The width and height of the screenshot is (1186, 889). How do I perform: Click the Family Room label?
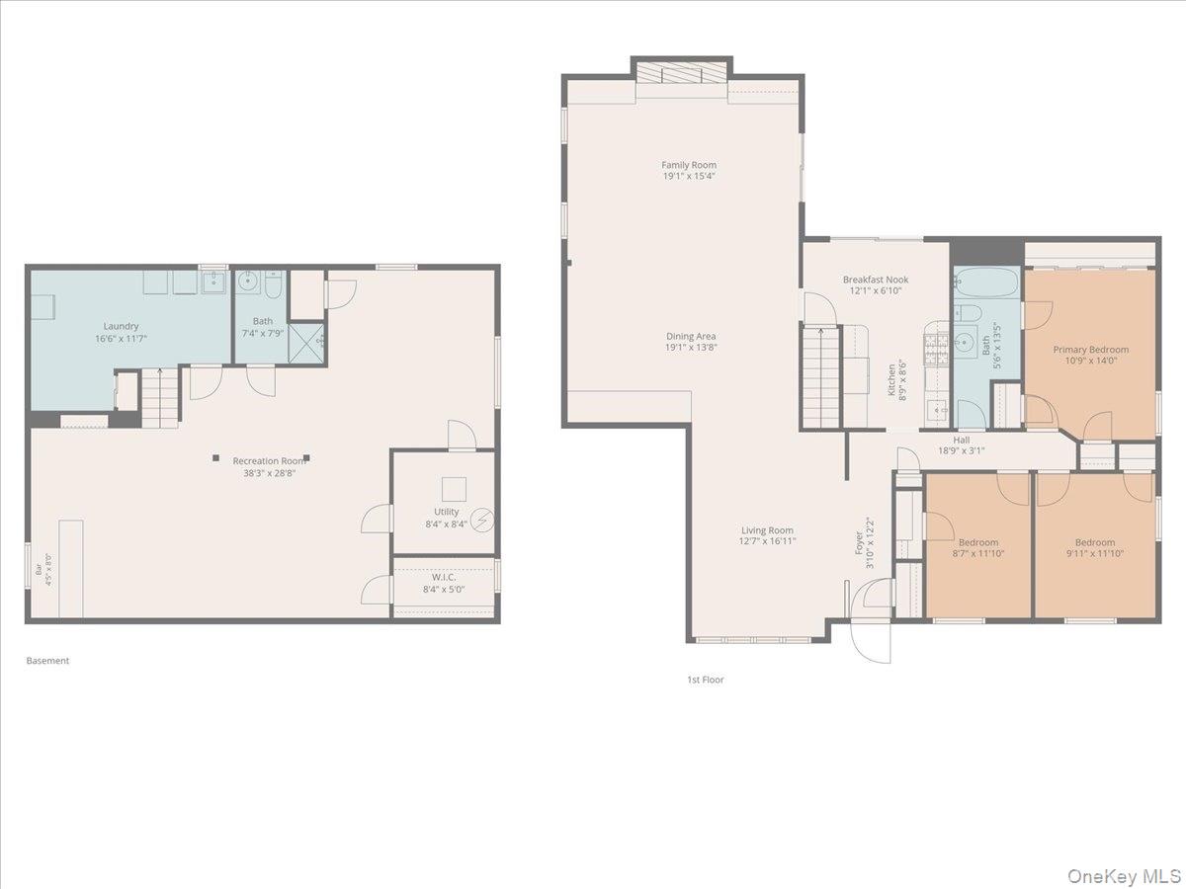point(689,165)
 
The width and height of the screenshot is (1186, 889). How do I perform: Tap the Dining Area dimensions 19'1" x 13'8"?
point(691,348)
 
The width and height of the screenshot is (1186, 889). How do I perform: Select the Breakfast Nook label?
point(876,280)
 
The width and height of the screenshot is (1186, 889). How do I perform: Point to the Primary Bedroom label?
point(1090,350)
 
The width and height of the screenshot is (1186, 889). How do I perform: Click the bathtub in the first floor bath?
point(986,283)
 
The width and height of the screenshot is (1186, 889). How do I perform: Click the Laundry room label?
point(121,326)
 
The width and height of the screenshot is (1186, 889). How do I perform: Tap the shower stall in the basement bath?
point(306,344)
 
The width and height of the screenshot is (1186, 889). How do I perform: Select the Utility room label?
point(447,512)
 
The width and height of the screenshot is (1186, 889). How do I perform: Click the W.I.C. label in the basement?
point(443,577)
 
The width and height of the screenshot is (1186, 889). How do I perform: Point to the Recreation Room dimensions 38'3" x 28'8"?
point(269,474)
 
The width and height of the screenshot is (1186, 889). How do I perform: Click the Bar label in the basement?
point(39,570)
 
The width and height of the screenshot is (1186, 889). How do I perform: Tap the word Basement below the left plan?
point(47,660)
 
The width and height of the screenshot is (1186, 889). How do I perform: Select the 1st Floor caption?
point(705,680)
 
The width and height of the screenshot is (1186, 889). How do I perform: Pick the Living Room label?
point(767,530)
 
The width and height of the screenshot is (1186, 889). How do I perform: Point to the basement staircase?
point(160,398)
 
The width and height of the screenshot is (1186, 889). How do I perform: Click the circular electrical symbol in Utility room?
point(482,521)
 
